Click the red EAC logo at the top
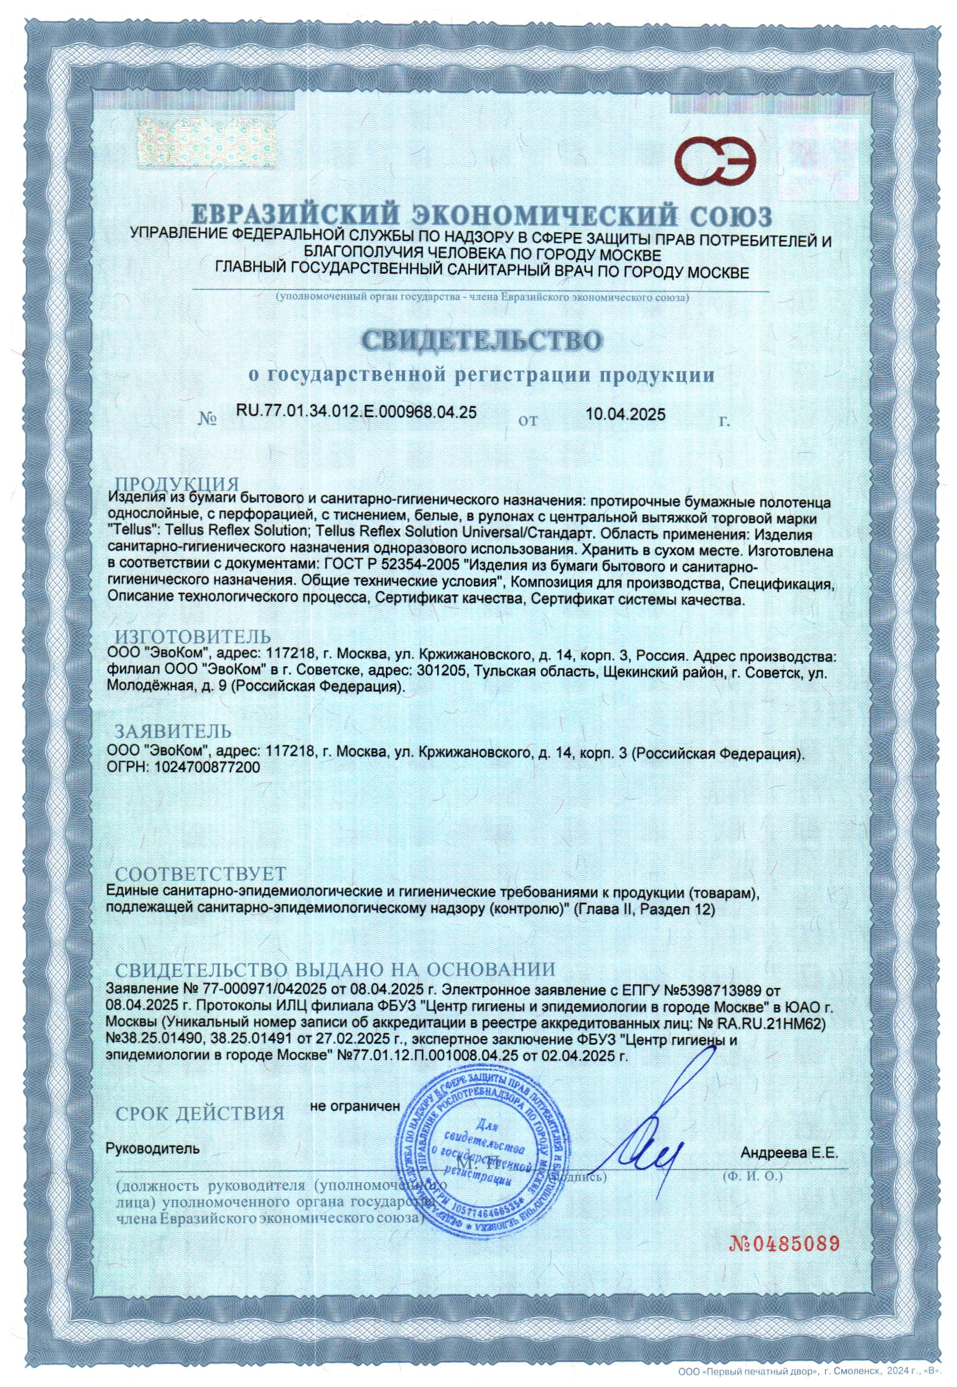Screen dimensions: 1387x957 tap(717, 153)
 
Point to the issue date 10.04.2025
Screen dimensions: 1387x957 tap(626, 414)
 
